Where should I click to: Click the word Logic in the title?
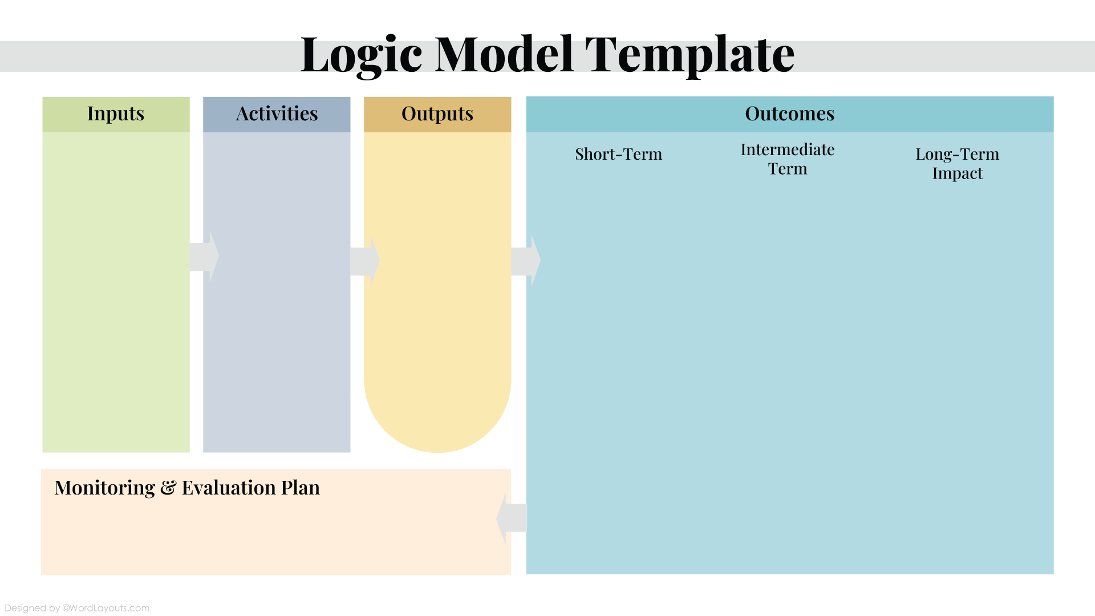[361, 55]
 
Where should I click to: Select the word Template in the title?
[690, 55]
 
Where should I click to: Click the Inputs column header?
[116, 114]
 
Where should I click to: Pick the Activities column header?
[277, 114]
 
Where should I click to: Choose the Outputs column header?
[437, 114]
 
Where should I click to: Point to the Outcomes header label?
[790, 114]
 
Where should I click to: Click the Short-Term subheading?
[619, 154]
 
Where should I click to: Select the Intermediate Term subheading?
[788, 159]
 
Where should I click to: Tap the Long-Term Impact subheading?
[958, 164]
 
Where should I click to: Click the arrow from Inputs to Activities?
[204, 257]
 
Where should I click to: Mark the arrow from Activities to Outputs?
[365, 261]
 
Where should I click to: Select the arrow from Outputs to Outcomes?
[526, 261]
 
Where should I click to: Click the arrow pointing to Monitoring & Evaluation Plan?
[512, 518]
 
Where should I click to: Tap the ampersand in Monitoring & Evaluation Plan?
[168, 488]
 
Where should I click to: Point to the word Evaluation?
[229, 488]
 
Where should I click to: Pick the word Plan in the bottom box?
[301, 488]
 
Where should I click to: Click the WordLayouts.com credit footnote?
[77, 608]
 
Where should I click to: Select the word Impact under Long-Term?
[958, 173]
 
